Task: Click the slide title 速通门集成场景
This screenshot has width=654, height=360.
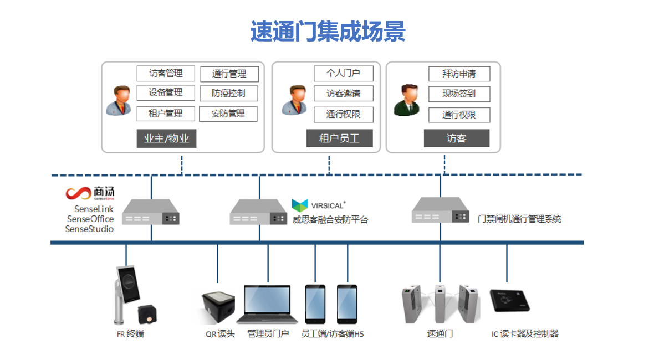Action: tap(328, 32)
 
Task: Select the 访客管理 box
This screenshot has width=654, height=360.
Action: tap(166, 73)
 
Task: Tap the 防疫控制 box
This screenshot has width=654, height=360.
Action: tap(228, 93)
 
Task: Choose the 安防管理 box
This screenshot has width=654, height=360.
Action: tap(228, 114)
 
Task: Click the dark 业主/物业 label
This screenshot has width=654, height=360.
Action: tap(166, 138)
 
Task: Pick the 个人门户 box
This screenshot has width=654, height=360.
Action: tap(344, 73)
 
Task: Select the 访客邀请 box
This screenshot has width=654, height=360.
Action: tap(344, 94)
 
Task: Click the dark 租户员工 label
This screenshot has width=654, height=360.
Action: tap(339, 138)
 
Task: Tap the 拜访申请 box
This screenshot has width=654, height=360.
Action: tap(459, 74)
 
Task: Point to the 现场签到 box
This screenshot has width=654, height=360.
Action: tap(459, 94)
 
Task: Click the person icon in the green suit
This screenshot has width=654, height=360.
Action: tap(407, 100)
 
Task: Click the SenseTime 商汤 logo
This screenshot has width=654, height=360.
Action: tap(90, 193)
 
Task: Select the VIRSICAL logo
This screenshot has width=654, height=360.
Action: tap(319, 204)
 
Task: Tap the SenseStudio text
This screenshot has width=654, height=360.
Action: tap(89, 229)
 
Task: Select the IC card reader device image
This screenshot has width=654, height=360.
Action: tap(510, 300)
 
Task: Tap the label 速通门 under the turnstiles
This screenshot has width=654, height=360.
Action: tap(440, 334)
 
